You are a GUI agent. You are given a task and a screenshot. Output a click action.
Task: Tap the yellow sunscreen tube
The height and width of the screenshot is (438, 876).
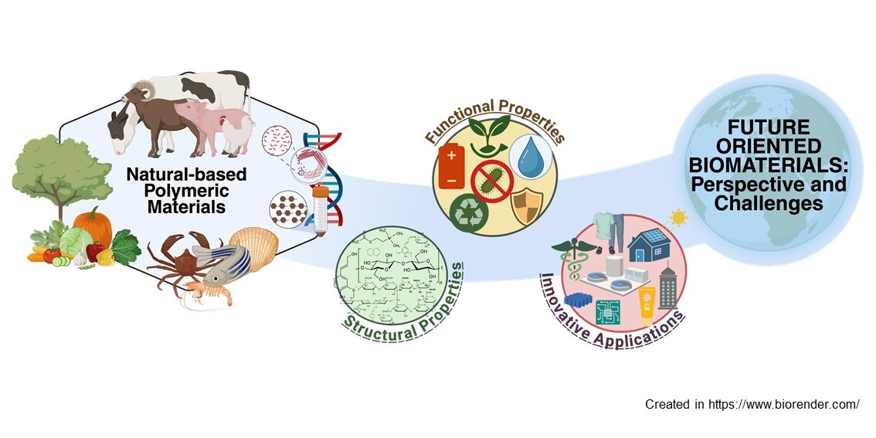647,304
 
